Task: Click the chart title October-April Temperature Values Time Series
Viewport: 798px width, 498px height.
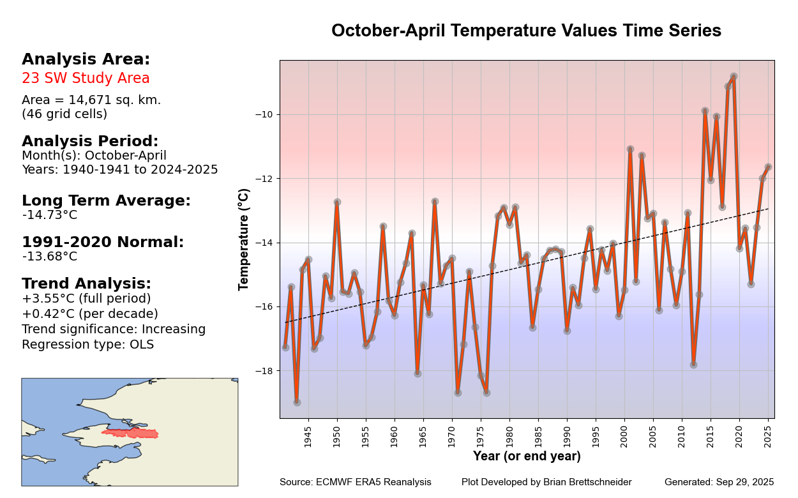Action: click(x=526, y=31)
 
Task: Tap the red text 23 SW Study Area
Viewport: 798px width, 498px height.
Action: click(x=86, y=79)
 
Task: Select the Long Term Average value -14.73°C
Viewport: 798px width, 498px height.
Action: click(x=50, y=215)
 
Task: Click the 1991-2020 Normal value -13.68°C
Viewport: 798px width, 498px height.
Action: click(x=50, y=257)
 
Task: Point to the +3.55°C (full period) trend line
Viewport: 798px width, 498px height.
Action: click(x=86, y=299)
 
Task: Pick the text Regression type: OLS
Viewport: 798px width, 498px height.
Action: click(x=87, y=345)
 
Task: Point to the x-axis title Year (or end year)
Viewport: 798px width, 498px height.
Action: click(x=527, y=456)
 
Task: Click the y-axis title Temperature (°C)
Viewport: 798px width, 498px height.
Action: click(x=244, y=239)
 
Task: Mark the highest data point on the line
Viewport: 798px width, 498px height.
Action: click(x=734, y=77)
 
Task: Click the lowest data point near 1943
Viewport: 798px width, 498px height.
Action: click(x=297, y=402)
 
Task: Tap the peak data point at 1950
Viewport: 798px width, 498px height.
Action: click(x=337, y=202)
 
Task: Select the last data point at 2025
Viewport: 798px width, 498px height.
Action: click(x=768, y=167)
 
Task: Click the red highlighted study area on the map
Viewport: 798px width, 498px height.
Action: click(x=131, y=434)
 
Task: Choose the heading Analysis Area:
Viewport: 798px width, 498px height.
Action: click(x=86, y=59)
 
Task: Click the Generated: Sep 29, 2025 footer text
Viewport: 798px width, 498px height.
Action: click(x=719, y=482)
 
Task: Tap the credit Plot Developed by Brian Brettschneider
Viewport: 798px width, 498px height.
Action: click(x=546, y=482)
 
